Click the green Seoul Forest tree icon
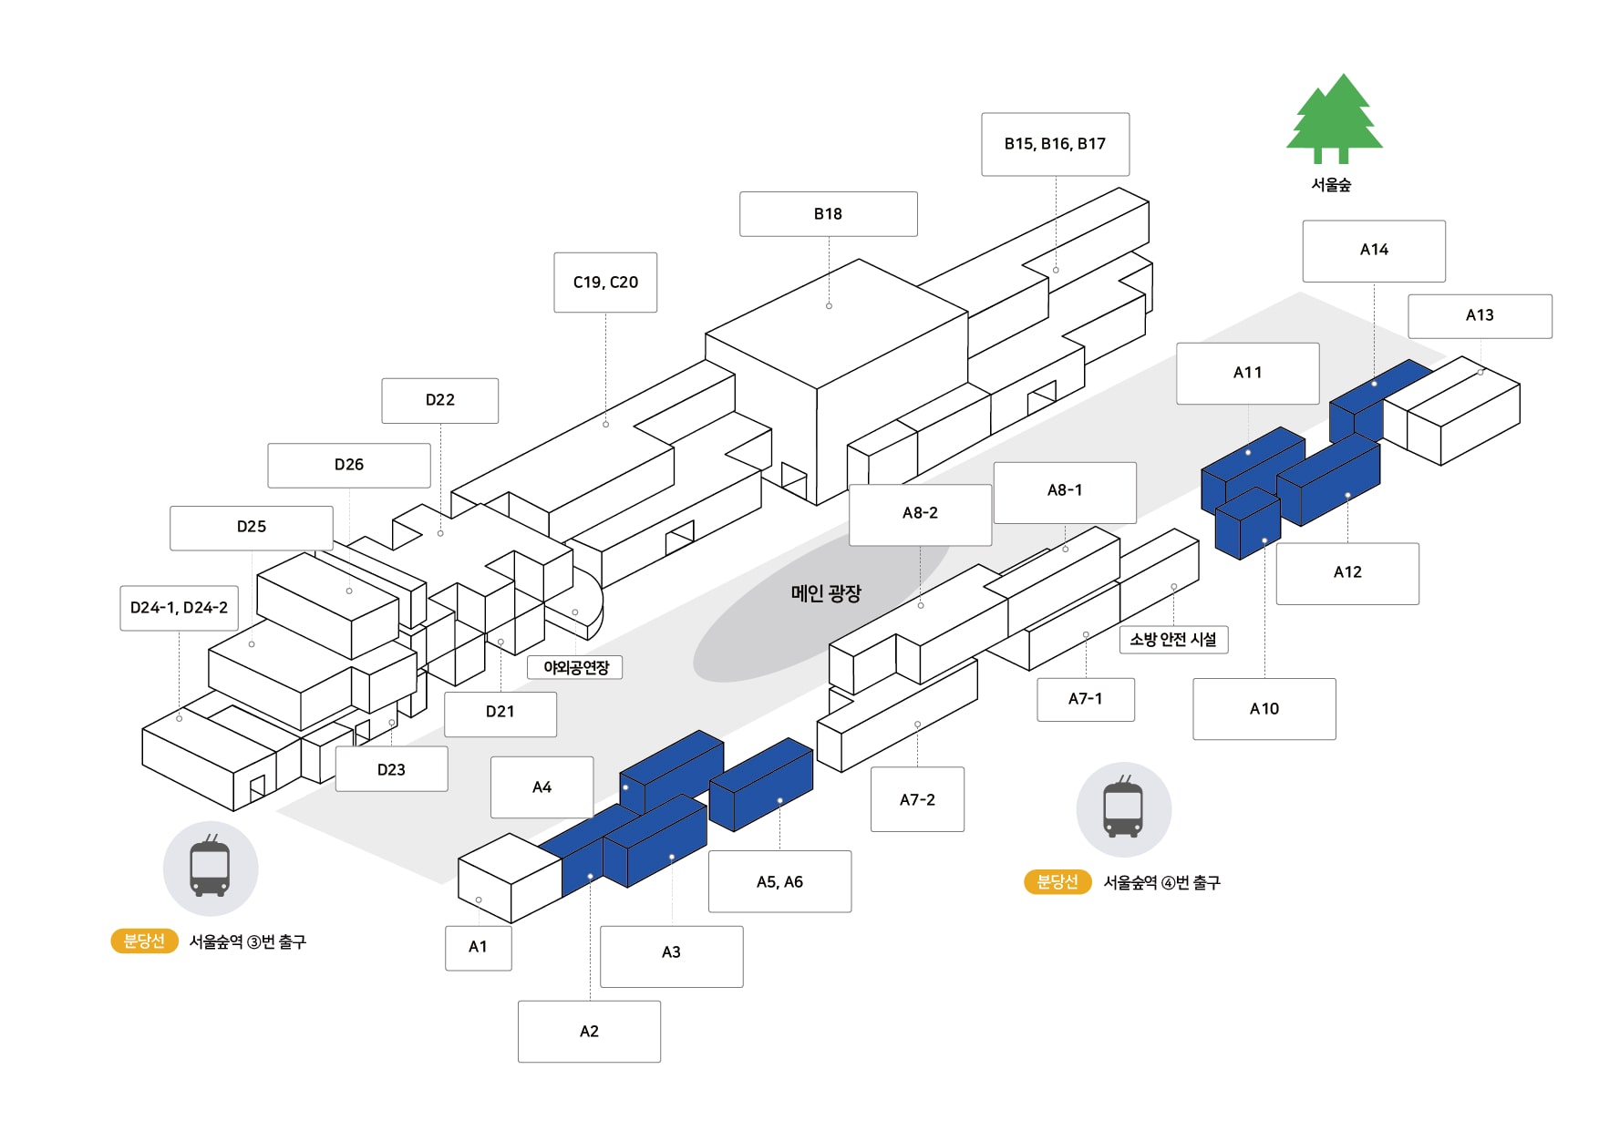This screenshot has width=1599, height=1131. click(x=1334, y=118)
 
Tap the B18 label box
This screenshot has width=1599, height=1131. click(x=828, y=214)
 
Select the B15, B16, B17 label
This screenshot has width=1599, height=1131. click(x=1055, y=144)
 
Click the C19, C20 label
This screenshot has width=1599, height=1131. click(x=605, y=283)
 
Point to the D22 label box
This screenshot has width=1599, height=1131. click(x=439, y=400)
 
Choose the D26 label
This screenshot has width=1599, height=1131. click(x=349, y=465)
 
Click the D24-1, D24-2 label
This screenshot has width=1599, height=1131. click(x=179, y=608)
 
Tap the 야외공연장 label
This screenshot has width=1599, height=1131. click(x=575, y=667)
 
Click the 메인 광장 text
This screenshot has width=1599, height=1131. click(x=826, y=593)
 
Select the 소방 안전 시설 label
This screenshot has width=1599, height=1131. click(x=1173, y=640)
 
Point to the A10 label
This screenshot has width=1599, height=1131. click(x=1264, y=709)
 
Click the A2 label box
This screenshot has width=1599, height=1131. click(x=589, y=1032)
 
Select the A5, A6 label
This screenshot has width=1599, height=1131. click(x=779, y=881)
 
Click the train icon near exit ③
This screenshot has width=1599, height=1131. click(x=211, y=869)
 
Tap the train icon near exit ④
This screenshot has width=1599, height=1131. click(x=1123, y=809)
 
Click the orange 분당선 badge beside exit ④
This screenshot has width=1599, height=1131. click(x=1057, y=882)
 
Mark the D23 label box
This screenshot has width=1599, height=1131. click(x=391, y=770)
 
